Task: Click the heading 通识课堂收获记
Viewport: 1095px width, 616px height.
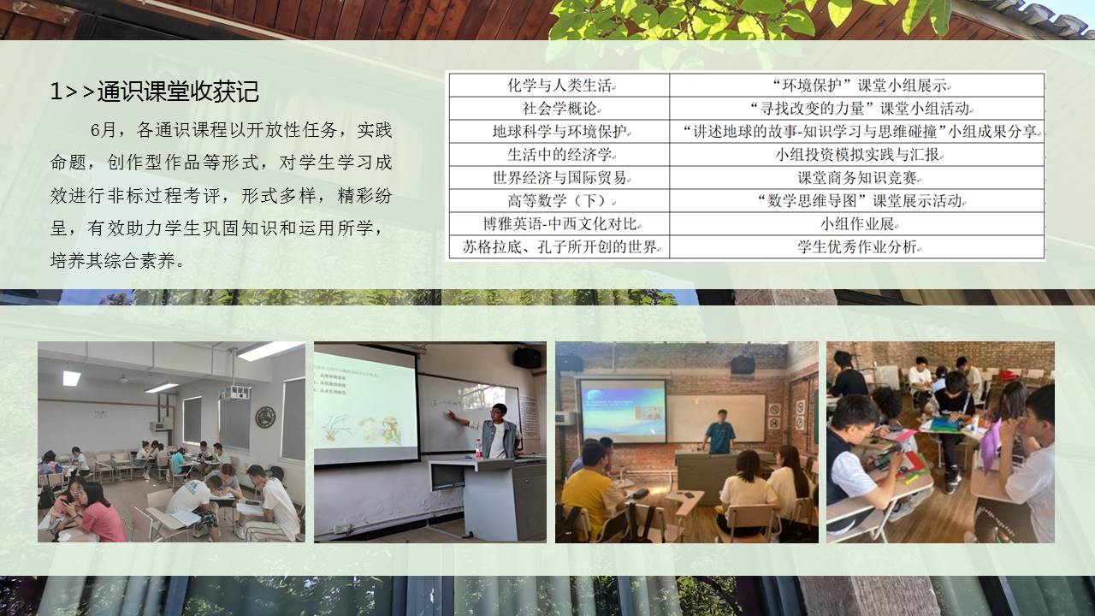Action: tap(178, 92)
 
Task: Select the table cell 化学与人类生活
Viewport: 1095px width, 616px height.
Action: tap(559, 86)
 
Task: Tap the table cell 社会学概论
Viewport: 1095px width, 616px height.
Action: tap(559, 109)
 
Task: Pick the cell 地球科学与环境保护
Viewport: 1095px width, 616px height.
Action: tap(559, 132)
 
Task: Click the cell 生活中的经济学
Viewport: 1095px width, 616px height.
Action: tap(559, 155)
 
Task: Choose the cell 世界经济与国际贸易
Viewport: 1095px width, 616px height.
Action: tap(559, 177)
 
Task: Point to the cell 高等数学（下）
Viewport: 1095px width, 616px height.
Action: tap(559, 200)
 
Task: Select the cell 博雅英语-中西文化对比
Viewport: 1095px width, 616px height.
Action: tap(559, 224)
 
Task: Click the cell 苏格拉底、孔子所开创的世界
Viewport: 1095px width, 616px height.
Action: tap(559, 247)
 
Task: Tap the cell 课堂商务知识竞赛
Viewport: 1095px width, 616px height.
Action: tap(857, 177)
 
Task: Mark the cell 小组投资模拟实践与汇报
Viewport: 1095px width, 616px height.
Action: tap(857, 155)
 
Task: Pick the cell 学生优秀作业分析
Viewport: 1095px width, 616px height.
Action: tap(857, 247)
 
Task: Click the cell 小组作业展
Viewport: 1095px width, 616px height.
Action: tap(857, 224)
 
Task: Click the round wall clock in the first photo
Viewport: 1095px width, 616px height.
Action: tap(265, 417)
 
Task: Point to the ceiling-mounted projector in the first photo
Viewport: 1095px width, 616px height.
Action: tap(234, 392)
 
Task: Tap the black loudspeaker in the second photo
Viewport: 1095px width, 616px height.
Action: tap(528, 358)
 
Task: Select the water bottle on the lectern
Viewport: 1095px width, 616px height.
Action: tap(478, 449)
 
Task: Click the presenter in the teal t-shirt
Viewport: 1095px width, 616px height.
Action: tap(719, 433)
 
